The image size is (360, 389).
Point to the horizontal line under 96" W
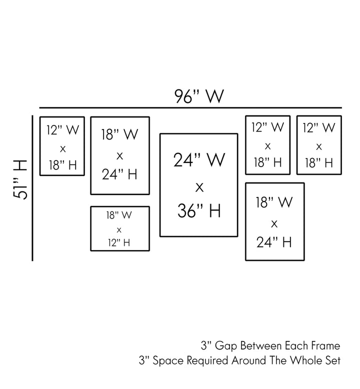190,107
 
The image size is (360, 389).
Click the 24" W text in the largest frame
198,160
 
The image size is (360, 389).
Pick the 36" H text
198,211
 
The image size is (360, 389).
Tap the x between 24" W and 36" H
198,186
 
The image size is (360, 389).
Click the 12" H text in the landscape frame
119,242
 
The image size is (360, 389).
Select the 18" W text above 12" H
119,215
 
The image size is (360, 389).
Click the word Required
205,360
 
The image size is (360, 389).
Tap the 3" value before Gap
205,345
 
